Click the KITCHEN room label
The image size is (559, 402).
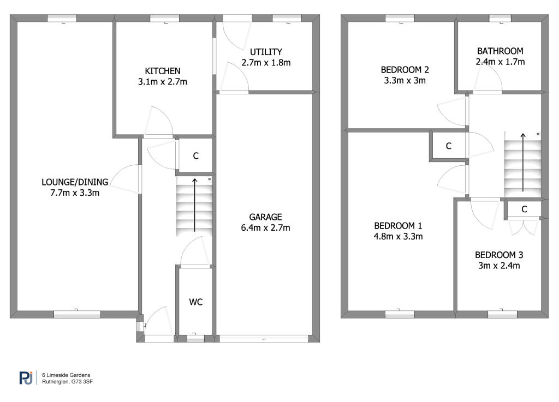pyautogui.click(x=163, y=71)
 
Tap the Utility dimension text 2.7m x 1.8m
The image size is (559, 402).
pyautogui.click(x=266, y=63)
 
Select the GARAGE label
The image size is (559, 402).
pyautogui.click(x=266, y=217)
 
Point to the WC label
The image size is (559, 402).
pyautogui.click(x=196, y=302)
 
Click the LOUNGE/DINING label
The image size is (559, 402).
pyautogui.click(x=75, y=182)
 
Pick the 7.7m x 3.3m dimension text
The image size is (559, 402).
pyautogui.click(x=75, y=193)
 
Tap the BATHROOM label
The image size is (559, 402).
pyautogui.click(x=500, y=51)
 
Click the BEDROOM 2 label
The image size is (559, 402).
pyautogui.click(x=405, y=70)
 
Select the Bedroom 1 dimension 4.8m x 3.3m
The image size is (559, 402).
pyautogui.click(x=398, y=236)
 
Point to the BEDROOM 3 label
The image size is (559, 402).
pyautogui.click(x=499, y=255)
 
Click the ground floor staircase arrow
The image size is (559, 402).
pyautogui.click(x=195, y=205)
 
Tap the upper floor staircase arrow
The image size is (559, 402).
pyautogui.click(x=523, y=163)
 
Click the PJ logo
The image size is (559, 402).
pyautogui.click(x=26, y=378)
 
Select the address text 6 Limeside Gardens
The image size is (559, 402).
pyautogui.click(x=66, y=375)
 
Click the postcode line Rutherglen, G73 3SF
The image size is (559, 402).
pyautogui.click(x=67, y=382)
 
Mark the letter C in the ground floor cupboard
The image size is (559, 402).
pyautogui.click(x=196, y=155)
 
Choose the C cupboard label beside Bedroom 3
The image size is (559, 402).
pyautogui.click(x=524, y=209)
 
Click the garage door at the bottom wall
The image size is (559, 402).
pyautogui.click(x=264, y=339)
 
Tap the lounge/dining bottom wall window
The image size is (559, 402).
pyautogui.click(x=78, y=314)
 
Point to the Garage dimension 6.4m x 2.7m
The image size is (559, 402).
pyautogui.click(x=266, y=228)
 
